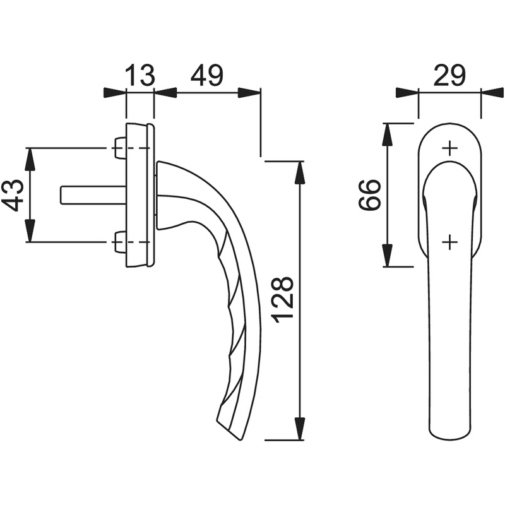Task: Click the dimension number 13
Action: (140, 76)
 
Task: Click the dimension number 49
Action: (207, 76)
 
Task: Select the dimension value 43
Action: (14, 194)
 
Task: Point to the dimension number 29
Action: (449, 76)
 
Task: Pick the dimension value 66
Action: (369, 194)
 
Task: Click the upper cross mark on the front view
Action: (449, 148)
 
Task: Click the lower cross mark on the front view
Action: (449, 242)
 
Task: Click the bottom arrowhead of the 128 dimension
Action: (300, 429)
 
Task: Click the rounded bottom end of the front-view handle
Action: (449, 434)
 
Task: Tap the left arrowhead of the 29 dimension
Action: (408, 93)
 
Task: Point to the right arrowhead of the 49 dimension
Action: (250, 93)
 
